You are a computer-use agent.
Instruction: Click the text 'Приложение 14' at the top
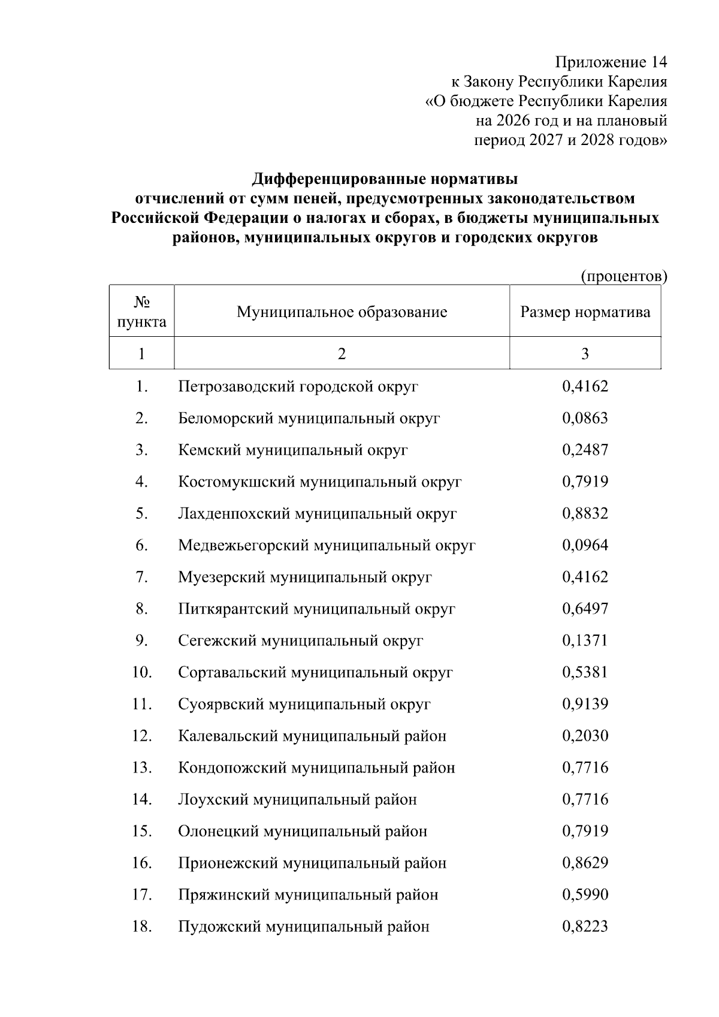pyautogui.click(x=611, y=62)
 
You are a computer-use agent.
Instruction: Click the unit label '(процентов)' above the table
pyautogui.click(x=624, y=276)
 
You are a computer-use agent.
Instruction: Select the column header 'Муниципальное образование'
pyautogui.click(x=342, y=312)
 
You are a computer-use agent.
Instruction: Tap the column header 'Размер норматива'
pyautogui.click(x=585, y=312)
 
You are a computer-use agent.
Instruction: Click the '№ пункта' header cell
pyautogui.click(x=141, y=312)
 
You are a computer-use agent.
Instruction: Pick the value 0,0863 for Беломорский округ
pyautogui.click(x=585, y=418)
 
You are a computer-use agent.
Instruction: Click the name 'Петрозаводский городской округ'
pyautogui.click(x=298, y=387)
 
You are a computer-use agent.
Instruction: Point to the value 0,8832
pyautogui.click(x=585, y=514)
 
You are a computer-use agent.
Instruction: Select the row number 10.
pyautogui.click(x=142, y=672)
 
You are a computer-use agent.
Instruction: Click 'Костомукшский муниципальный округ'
pyautogui.click(x=320, y=482)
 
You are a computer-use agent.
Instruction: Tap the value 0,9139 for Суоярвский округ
pyautogui.click(x=585, y=704)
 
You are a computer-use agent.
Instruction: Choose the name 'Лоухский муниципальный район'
pyautogui.click(x=297, y=799)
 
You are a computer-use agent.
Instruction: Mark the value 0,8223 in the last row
pyautogui.click(x=585, y=927)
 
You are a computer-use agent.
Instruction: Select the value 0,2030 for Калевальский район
pyautogui.click(x=585, y=736)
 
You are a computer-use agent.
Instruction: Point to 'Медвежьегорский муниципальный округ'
pyautogui.click(x=327, y=545)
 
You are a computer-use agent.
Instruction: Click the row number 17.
pyautogui.click(x=142, y=895)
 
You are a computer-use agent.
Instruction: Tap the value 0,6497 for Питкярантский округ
pyautogui.click(x=585, y=609)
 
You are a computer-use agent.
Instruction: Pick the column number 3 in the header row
pyautogui.click(x=585, y=354)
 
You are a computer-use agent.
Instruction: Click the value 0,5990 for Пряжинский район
pyautogui.click(x=585, y=895)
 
